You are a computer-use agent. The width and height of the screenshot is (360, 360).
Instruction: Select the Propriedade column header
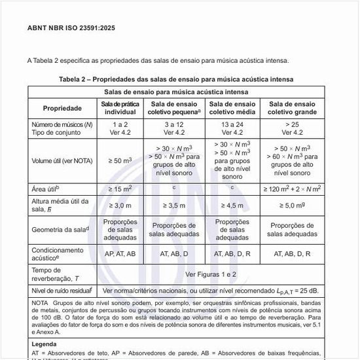point(63,107)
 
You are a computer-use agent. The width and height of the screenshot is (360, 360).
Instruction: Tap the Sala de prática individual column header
point(120,107)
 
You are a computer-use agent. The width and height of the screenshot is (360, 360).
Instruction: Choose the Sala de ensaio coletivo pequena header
point(176,107)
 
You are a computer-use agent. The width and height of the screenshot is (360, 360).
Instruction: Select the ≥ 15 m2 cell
point(120,189)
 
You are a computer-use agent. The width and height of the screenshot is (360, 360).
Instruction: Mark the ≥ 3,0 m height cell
point(120,205)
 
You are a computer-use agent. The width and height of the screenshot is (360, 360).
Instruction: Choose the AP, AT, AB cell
point(120,253)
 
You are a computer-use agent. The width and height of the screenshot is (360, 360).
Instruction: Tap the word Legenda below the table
point(44,344)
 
